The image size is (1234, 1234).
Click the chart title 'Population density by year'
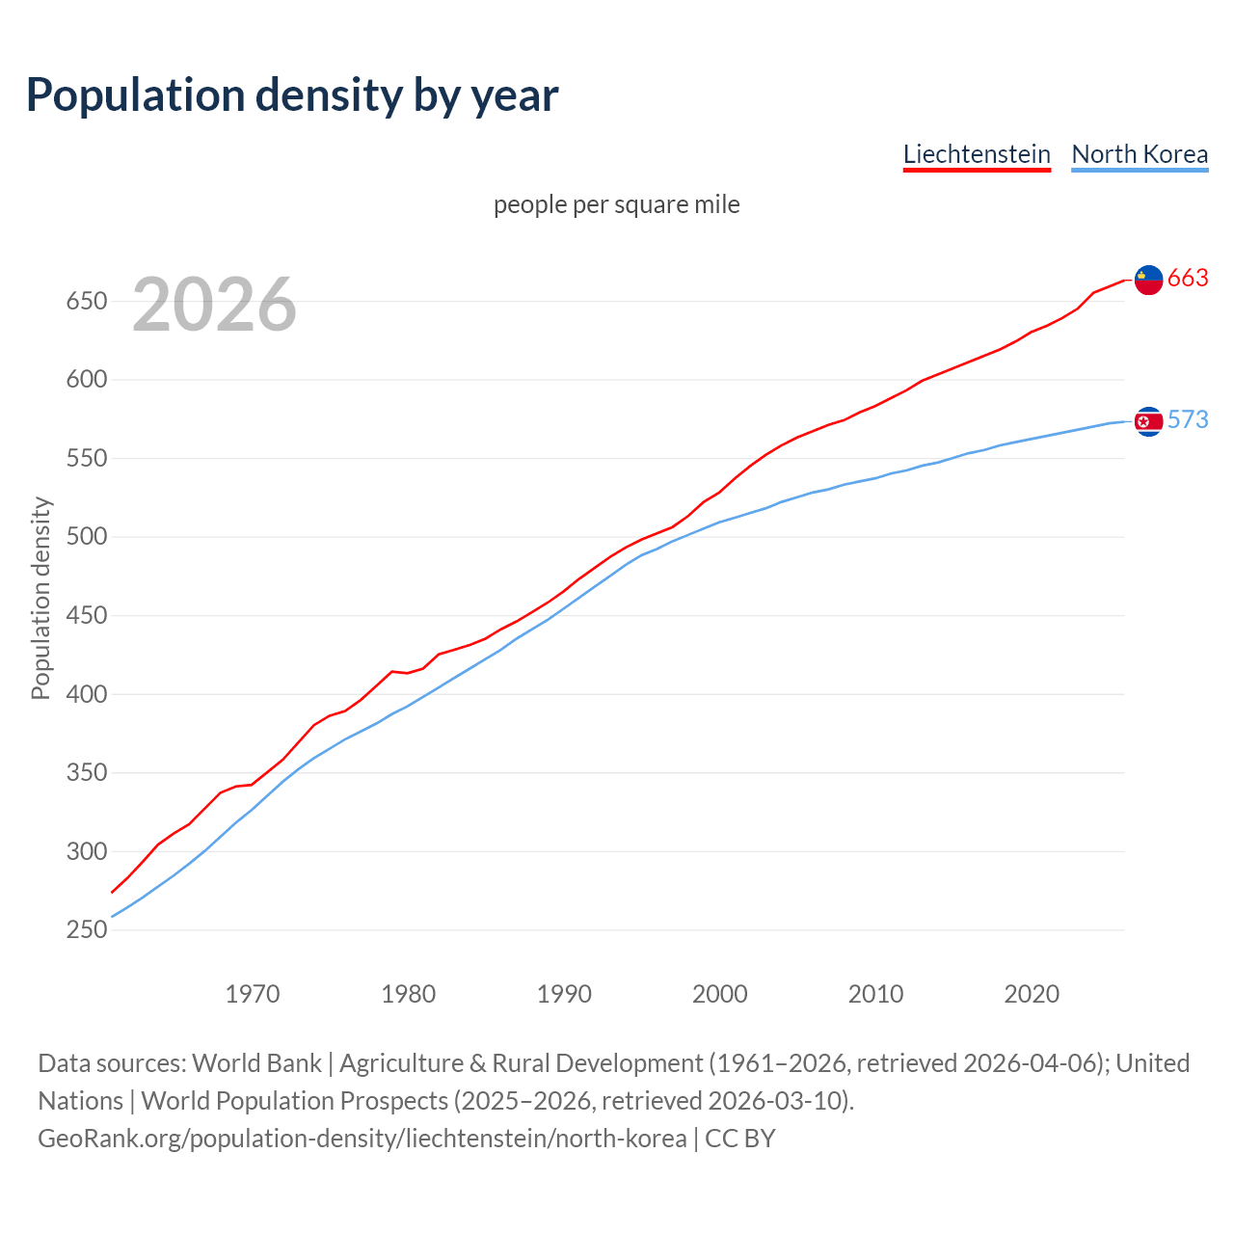(292, 94)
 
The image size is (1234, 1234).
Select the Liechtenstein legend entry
(977, 154)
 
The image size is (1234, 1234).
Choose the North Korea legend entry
(1140, 154)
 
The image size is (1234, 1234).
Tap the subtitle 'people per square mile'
(617, 204)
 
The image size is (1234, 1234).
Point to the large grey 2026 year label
(214, 305)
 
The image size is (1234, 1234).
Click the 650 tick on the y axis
(86, 302)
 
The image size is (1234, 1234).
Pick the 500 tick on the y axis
(86, 537)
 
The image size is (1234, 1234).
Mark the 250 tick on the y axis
(86, 930)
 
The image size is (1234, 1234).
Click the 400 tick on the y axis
(86, 694)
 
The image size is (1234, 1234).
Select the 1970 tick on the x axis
(253, 994)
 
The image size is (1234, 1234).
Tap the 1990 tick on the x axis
(564, 994)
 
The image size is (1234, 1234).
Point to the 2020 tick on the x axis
(1032, 994)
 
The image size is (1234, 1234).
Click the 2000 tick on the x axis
(720, 994)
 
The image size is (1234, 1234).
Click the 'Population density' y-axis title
(40, 598)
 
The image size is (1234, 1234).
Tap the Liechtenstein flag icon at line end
(1148, 280)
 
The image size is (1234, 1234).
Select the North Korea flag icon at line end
(1148, 421)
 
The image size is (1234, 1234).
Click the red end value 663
(1188, 279)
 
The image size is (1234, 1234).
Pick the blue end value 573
(1188, 420)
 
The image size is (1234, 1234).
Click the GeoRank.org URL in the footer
(362, 1139)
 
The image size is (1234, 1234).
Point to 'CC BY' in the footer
(740, 1139)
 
